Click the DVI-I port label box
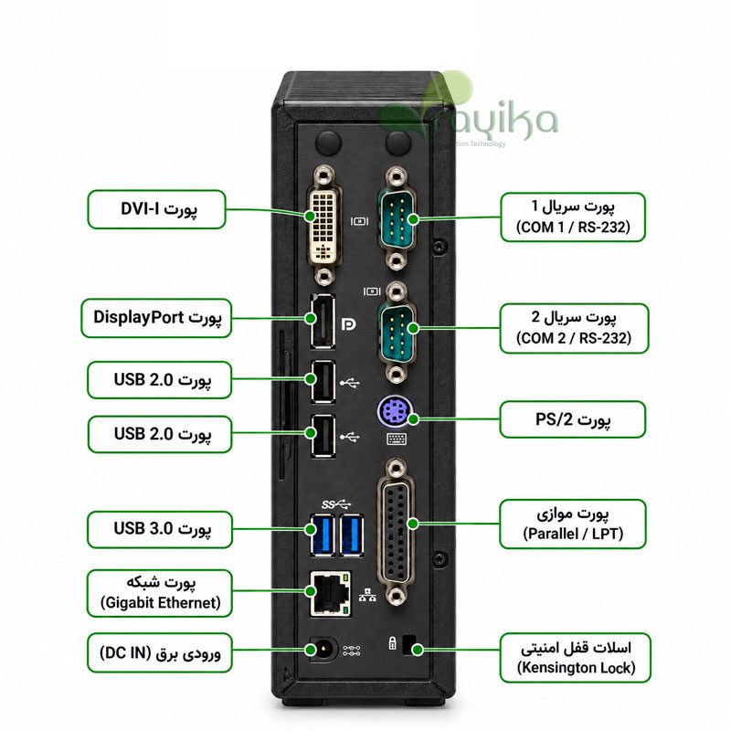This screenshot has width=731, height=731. (x=156, y=209)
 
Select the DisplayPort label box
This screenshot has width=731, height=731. (x=156, y=318)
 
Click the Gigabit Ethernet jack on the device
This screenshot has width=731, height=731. (x=330, y=593)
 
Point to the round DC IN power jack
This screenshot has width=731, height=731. (x=323, y=650)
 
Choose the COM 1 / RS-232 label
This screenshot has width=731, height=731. (x=573, y=217)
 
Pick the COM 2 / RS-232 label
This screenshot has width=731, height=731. (x=574, y=328)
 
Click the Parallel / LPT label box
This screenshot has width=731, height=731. (x=573, y=524)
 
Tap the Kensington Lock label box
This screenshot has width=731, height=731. (x=576, y=658)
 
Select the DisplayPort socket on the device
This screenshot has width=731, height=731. (x=323, y=322)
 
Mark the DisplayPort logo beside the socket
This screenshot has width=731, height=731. (x=348, y=324)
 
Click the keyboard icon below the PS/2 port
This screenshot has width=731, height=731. (x=397, y=439)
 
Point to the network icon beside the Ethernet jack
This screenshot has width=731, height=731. (x=368, y=595)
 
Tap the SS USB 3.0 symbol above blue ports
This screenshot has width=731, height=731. (x=336, y=504)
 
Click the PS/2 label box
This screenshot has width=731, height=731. (x=573, y=419)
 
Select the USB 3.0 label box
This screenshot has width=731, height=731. (x=159, y=529)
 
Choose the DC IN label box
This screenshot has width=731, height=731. (x=159, y=652)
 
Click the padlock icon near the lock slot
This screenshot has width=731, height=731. (x=393, y=643)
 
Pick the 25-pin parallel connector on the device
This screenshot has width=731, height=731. (x=397, y=533)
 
